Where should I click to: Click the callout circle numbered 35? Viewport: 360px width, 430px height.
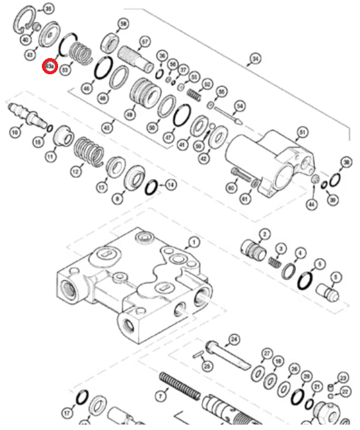point(48,8)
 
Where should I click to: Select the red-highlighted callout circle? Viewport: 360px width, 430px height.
point(50,66)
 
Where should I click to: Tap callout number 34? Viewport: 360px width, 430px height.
point(256,59)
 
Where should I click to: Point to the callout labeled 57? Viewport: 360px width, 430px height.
point(144,43)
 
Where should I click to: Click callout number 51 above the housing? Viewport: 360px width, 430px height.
point(302,132)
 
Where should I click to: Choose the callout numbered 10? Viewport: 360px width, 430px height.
point(15,131)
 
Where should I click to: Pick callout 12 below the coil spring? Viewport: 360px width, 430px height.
point(75,172)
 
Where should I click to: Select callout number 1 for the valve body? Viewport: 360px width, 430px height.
point(193,243)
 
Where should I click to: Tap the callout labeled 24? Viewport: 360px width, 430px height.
point(234,339)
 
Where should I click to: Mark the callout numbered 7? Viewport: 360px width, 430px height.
point(160,396)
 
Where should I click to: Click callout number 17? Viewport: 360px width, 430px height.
point(67,413)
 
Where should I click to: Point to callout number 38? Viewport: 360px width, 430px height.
point(346,163)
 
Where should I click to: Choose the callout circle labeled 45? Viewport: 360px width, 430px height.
point(107,127)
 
